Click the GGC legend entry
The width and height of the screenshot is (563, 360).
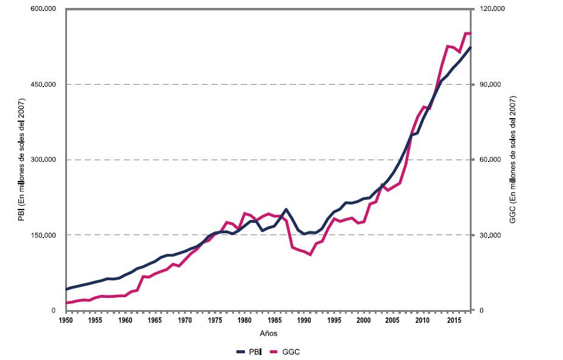coord(284,352)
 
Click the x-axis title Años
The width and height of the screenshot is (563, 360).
coord(269,333)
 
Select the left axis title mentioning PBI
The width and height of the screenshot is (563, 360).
coord(21,160)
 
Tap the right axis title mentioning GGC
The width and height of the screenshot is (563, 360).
coord(512,160)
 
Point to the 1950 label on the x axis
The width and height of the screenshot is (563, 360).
coord(65,320)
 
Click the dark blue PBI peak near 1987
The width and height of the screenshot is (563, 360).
coord(286,210)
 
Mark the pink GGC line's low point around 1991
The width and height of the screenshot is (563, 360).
coord(310,255)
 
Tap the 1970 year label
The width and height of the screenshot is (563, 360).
coord(184,320)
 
